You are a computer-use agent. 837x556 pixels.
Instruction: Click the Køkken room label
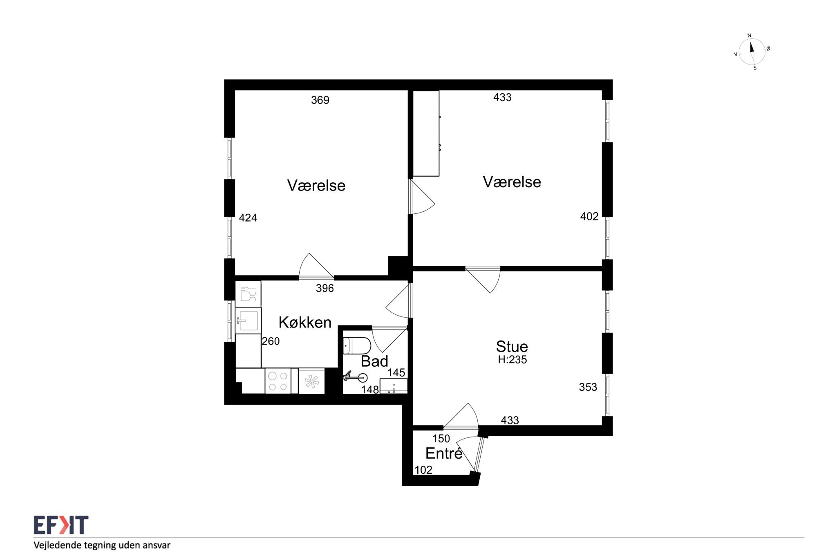coord(305,323)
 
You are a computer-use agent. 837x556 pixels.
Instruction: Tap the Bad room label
coord(374,361)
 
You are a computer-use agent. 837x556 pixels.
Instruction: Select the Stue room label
coord(512,347)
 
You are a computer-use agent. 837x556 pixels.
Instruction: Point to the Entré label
coord(444,453)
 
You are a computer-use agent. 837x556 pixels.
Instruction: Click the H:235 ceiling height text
coord(512,360)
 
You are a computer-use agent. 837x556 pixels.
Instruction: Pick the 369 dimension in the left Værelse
coord(320,100)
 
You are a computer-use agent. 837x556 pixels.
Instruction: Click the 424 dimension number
coord(248,218)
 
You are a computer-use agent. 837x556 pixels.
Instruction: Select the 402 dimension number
coord(589,217)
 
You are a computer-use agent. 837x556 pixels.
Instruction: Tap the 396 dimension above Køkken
coord(325,289)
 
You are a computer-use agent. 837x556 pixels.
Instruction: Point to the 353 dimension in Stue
coord(588,387)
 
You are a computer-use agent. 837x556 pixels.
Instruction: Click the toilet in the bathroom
coord(357,346)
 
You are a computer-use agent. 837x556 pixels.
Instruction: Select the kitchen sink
coord(248,321)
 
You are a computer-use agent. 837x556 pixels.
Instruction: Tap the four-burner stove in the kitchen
coord(278,381)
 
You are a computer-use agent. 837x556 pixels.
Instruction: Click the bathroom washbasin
coord(394,386)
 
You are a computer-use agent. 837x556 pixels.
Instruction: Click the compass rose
coord(752,52)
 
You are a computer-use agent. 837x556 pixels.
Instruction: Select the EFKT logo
coord(61,525)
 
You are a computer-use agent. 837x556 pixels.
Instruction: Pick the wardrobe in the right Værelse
coord(426,133)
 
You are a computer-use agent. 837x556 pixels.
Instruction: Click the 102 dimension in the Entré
coord(423,470)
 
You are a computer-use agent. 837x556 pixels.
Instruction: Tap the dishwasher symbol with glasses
coord(248,294)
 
